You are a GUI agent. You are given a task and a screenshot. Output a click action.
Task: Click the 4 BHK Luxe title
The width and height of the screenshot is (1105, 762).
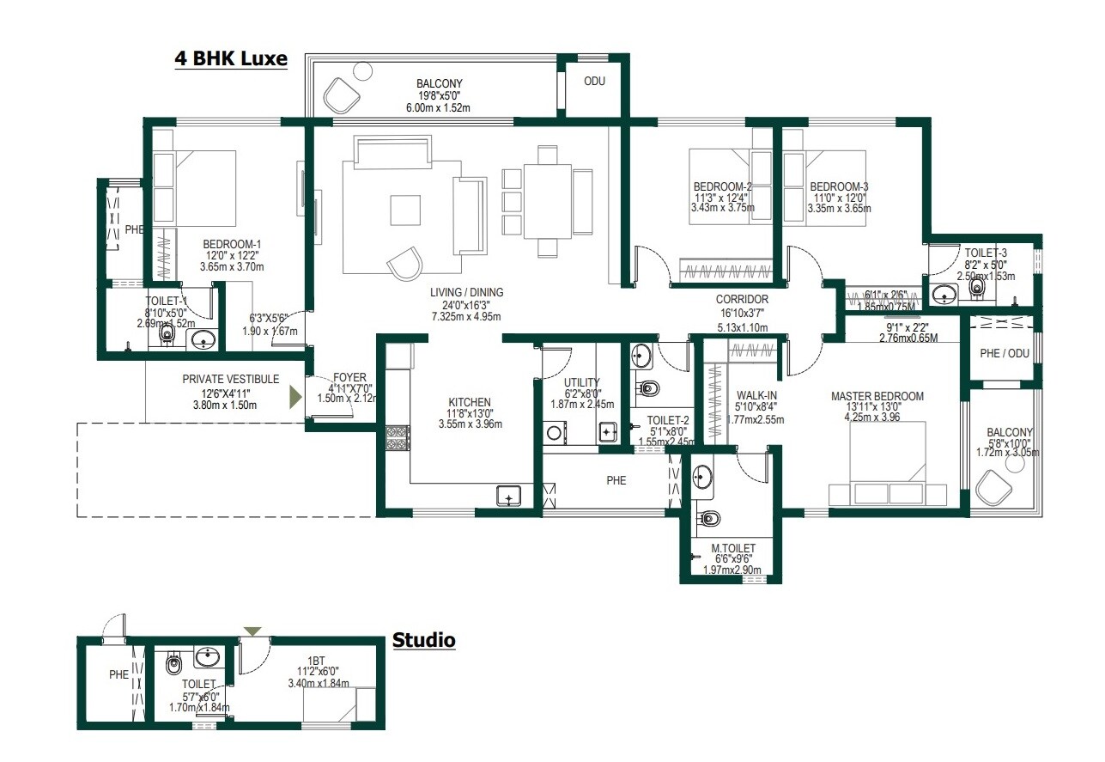pos(231,60)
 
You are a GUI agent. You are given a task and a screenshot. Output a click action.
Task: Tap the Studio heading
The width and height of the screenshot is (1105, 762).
pos(423,640)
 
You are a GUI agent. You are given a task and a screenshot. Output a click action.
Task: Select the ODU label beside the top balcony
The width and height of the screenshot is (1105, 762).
pos(595,82)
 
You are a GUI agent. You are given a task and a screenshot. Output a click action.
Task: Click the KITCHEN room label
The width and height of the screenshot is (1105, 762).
pos(470,402)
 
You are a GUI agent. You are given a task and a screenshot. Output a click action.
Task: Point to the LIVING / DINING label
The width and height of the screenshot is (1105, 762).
pos(467,293)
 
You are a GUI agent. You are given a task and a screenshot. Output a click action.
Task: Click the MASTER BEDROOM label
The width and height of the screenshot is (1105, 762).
pos(877,396)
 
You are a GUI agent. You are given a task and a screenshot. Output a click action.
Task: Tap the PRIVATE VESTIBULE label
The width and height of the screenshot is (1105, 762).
pos(230,379)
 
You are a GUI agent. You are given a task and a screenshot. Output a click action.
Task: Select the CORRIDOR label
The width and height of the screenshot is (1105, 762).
pos(743,299)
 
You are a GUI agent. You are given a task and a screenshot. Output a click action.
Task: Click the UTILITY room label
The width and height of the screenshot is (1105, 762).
pos(582,382)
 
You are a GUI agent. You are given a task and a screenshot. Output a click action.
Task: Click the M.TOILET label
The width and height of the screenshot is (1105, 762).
pos(733,548)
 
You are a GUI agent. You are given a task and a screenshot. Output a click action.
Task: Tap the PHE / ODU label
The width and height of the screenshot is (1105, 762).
pos(1005,353)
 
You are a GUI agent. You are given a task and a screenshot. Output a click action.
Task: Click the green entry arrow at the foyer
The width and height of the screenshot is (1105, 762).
pos(295,397)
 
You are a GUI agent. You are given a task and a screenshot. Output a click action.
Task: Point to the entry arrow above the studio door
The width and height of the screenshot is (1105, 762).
pos(252,631)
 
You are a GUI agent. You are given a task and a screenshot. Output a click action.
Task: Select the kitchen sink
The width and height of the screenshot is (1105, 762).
pos(509,496)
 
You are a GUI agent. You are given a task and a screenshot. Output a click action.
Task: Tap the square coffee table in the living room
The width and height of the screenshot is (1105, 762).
pos(405,210)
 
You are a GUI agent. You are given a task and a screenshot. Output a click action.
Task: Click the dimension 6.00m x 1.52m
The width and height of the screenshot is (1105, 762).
pos(438,107)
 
